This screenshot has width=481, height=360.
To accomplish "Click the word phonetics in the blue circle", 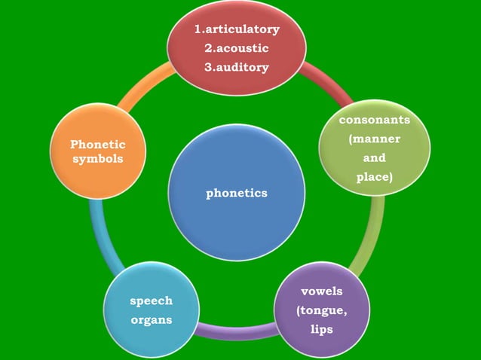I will pos(237,194).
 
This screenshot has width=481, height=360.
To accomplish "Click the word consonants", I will pos(375,121).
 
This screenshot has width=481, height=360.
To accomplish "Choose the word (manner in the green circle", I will pos(375,139).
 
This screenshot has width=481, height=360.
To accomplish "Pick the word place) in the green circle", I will pos(375,177).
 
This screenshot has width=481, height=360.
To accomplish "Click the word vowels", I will pos(322,291).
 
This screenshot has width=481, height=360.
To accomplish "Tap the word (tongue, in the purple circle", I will pos(322,310).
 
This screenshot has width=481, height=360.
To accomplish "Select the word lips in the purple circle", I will pos(322,329).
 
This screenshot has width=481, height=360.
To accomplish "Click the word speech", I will pos(151,301).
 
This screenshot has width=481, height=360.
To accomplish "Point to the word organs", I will pos(151,319).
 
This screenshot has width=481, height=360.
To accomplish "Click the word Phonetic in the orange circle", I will pos(97,144).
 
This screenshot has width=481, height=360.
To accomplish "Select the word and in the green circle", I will pos(375,158).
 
